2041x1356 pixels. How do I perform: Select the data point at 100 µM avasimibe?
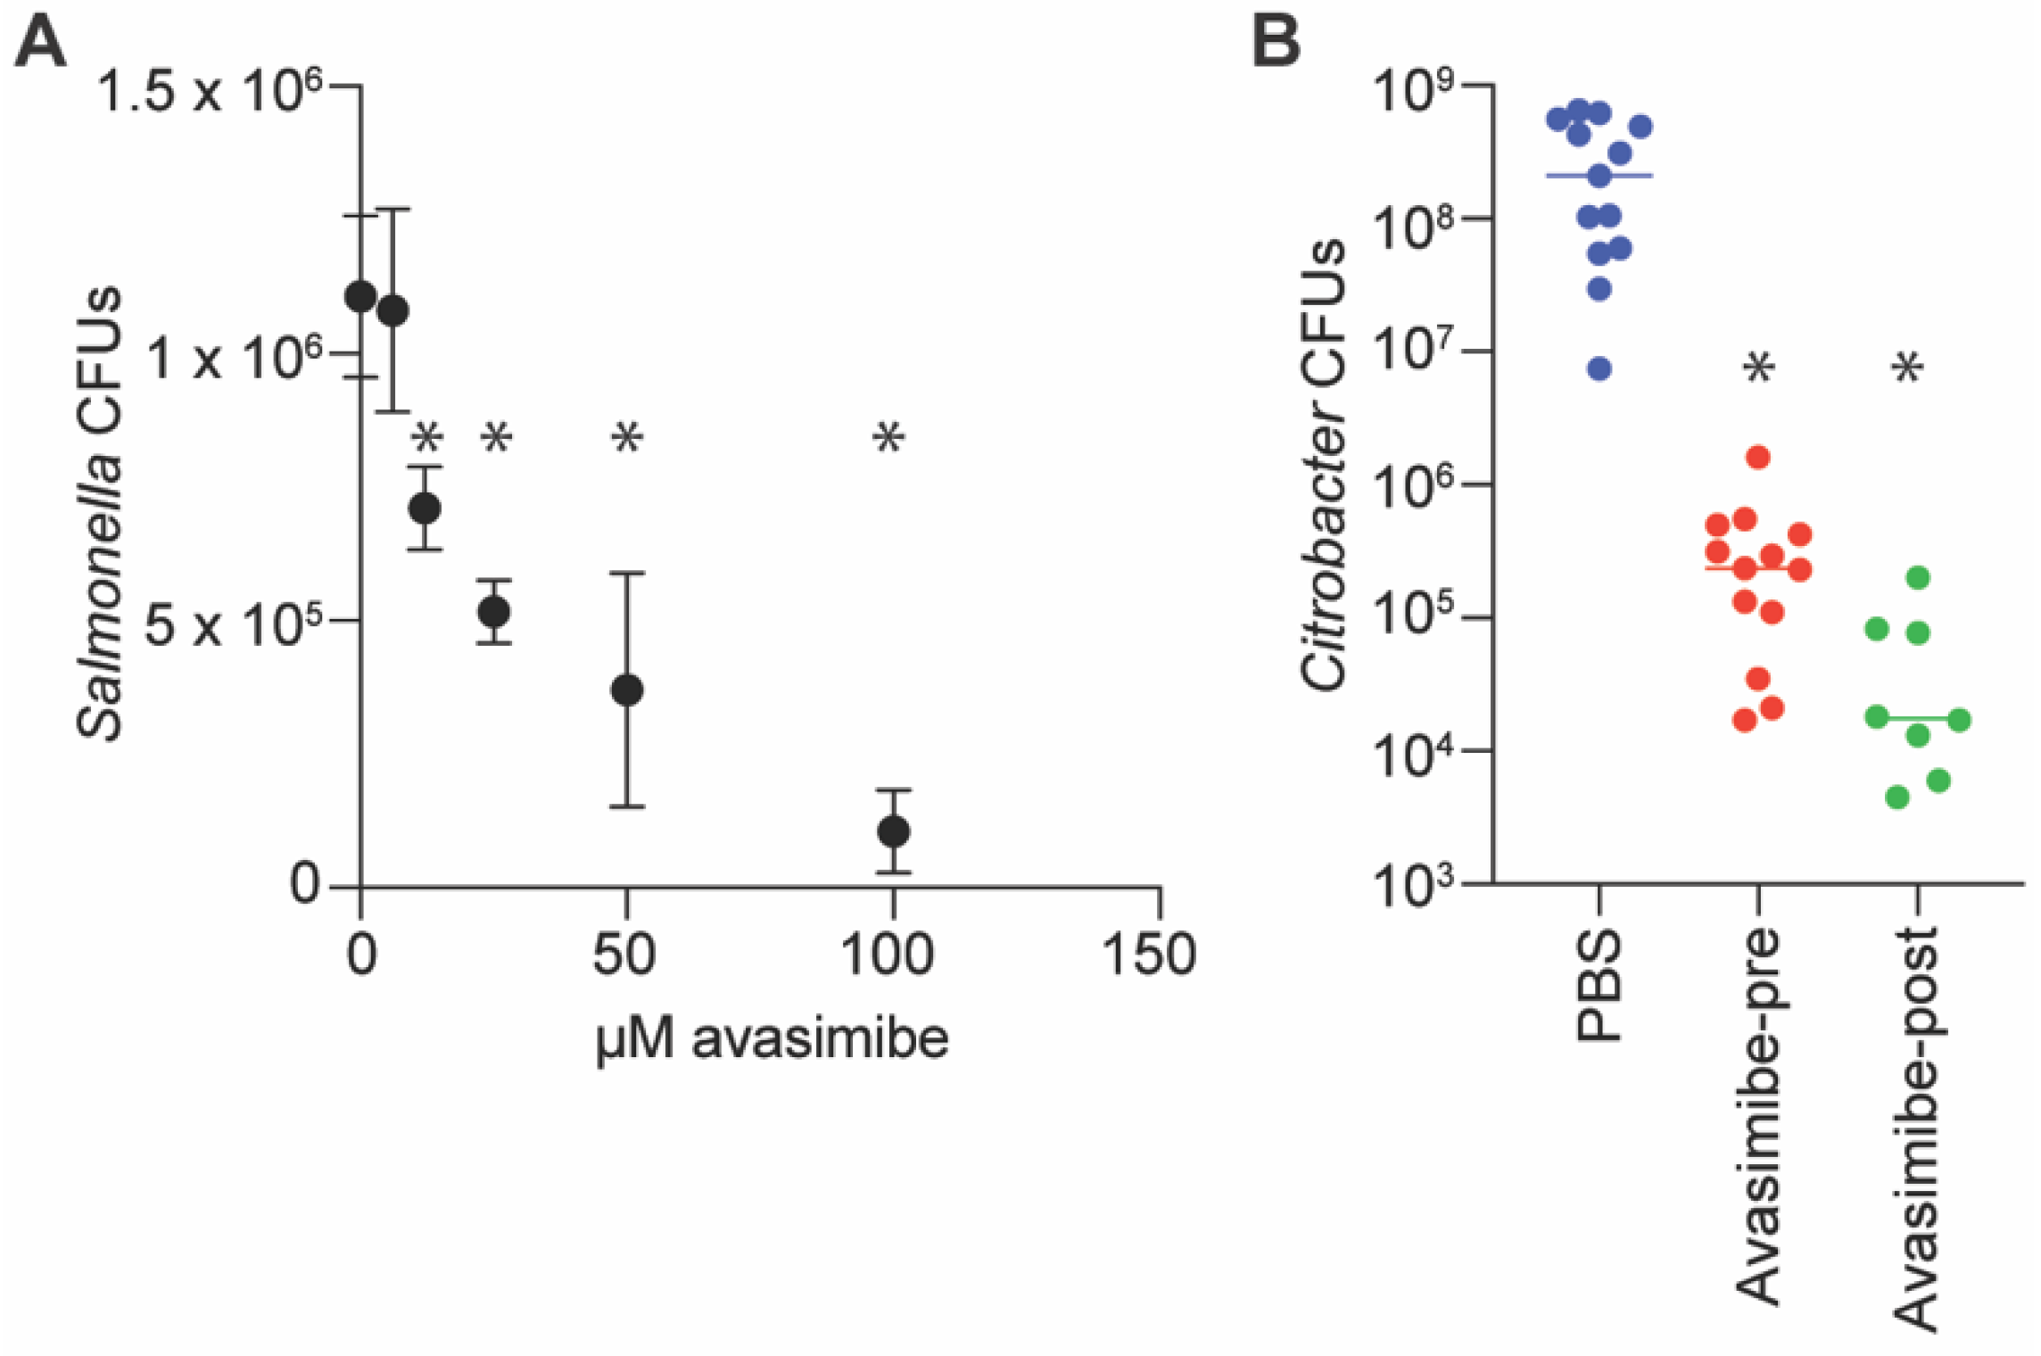click(x=893, y=831)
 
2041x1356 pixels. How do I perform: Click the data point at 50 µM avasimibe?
click(x=627, y=690)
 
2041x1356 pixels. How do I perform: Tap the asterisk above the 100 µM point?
click(x=888, y=438)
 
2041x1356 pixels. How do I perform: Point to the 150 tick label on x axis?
click(x=1148, y=955)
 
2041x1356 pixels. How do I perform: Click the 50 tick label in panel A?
click(x=624, y=955)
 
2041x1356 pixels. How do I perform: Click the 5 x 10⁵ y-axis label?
click(x=232, y=625)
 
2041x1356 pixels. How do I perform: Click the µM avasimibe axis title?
click(x=772, y=1039)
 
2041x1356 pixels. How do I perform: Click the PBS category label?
click(x=1599, y=986)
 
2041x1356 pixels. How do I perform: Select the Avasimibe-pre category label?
click(x=1758, y=1115)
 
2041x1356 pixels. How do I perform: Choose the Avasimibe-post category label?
click(x=1916, y=1129)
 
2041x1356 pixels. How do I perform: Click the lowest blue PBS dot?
click(x=1599, y=368)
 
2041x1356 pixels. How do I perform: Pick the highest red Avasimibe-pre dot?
click(x=1758, y=458)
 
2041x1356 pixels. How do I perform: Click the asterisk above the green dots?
click(x=1908, y=368)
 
